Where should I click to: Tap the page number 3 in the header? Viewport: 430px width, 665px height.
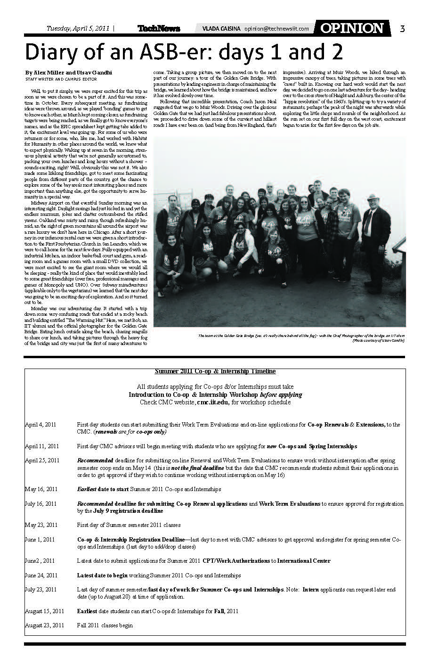402,29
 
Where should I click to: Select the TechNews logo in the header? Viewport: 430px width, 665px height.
159,29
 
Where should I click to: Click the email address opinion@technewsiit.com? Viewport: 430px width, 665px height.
277,29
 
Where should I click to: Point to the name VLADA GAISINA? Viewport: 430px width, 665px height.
221,29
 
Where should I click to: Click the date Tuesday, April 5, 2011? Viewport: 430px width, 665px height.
78,28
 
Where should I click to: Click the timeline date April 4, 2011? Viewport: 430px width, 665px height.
41,425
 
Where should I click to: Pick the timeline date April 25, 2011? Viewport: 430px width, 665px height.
42,460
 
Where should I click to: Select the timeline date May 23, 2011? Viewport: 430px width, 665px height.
41,525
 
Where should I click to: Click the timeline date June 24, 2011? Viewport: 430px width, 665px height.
41,575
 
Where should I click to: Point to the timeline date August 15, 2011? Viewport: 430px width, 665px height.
44,611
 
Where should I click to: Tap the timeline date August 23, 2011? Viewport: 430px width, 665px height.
44,625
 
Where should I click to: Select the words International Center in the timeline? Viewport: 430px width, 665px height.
304,561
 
